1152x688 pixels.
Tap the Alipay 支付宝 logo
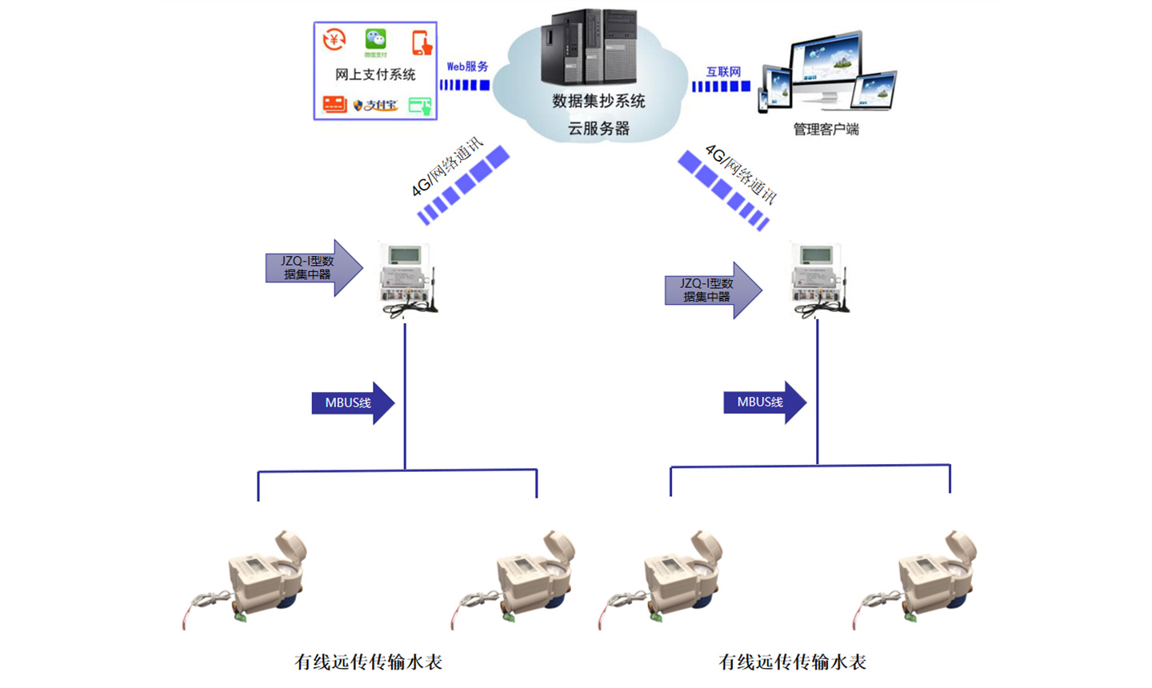point(375,105)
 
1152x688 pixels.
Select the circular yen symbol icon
point(334,39)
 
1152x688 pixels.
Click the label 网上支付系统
point(375,74)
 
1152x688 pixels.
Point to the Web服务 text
point(467,66)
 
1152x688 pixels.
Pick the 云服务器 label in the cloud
point(598,128)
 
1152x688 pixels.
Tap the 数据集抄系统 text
point(598,101)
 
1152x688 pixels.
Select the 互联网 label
point(723,71)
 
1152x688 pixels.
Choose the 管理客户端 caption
point(826,129)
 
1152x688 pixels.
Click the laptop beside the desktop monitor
point(874,90)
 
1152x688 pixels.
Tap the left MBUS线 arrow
point(352,402)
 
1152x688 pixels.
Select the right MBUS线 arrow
point(764,402)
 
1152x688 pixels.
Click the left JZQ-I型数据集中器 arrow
point(313,267)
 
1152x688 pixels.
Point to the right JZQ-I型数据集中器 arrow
point(712,290)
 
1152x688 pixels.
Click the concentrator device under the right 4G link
point(818,278)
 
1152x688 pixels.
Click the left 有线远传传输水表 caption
point(368,662)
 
